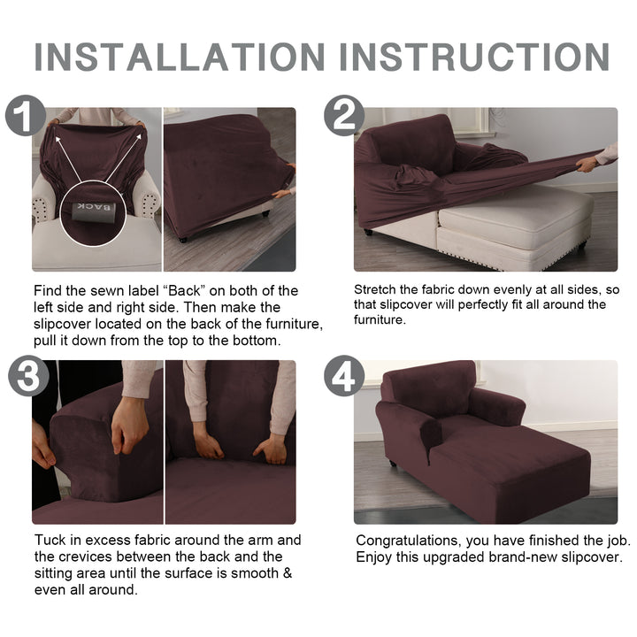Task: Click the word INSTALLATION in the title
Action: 180,57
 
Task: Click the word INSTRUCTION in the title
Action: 474,57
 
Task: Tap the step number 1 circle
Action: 26,115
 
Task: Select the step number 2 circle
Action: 344,115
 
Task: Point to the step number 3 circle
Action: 28,376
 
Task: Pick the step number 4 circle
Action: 344,376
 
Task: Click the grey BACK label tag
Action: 94,211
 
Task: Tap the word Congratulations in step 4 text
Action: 408,541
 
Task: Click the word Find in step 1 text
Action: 47,291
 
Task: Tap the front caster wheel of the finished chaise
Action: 392,463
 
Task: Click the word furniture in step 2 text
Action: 379,320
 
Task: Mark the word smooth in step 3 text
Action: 255,573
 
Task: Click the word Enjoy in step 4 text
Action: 373,557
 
